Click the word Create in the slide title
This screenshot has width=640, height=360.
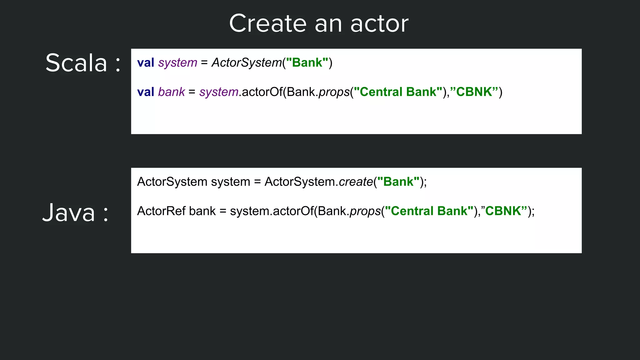[268, 24]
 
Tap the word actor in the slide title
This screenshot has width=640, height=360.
[379, 24]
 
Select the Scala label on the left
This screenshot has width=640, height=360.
[76, 63]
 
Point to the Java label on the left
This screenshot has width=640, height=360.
[69, 213]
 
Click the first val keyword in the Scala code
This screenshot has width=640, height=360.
[146, 63]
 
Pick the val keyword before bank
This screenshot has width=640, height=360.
[146, 92]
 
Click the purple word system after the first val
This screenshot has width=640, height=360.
[177, 63]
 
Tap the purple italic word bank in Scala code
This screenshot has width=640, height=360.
[172, 92]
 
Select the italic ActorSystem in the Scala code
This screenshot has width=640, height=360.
[247, 63]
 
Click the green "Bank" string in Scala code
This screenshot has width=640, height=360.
[307, 63]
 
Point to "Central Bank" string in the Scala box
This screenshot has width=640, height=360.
[398, 92]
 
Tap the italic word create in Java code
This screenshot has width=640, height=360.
[356, 182]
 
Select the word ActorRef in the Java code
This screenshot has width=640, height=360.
[161, 211]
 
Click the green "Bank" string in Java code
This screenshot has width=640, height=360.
[398, 182]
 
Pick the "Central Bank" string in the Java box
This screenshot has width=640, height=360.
[429, 211]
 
